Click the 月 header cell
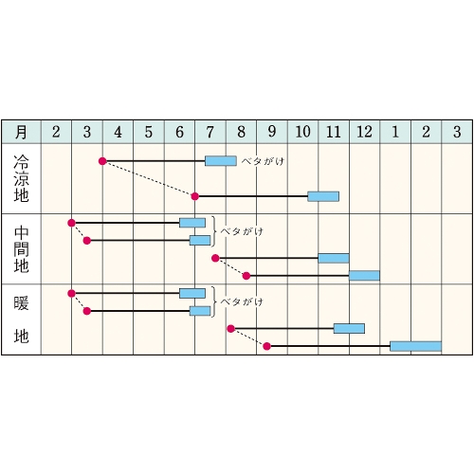click(21, 132)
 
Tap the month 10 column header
click(302, 132)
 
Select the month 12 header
click(364, 132)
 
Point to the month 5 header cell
click(149, 132)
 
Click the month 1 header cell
click(395, 132)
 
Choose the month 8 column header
click(241, 132)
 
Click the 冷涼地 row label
click(21, 178)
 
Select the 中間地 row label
click(21, 249)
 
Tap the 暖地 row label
click(21, 319)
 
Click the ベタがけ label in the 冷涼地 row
click(263, 161)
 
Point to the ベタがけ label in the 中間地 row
click(242, 231)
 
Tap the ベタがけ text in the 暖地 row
click(242, 301)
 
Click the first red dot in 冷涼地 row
click(102, 161)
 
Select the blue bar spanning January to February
click(415, 346)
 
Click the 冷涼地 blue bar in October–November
click(323, 196)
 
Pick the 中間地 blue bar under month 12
click(364, 276)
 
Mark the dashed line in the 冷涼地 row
click(149, 179)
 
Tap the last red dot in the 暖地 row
click(267, 346)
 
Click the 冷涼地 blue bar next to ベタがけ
click(221, 161)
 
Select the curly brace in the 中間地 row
click(214, 231)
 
